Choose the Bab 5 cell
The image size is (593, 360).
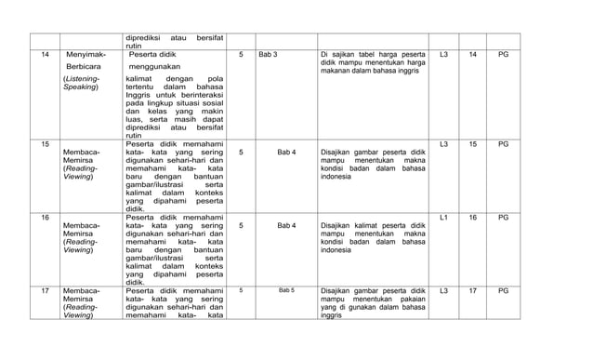(286, 290)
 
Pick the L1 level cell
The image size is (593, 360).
(443, 217)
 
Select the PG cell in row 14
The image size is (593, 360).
(503, 54)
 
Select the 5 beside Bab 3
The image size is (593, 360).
(241, 54)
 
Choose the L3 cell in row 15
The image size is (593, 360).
(443, 144)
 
